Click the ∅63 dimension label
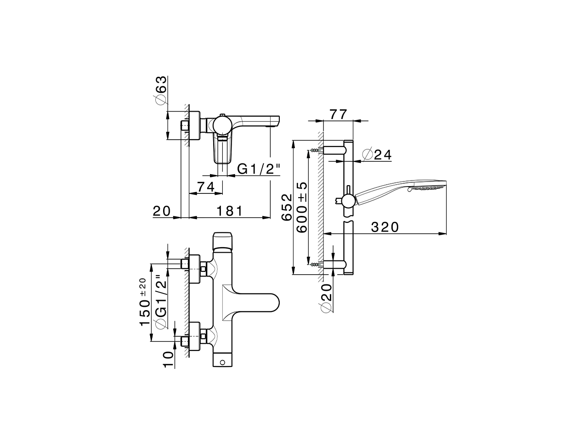click(160, 90)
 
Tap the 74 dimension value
click(207, 187)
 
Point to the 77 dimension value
click(338, 114)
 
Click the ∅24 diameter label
click(377, 155)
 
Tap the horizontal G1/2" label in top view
click(258, 169)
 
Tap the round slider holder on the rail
click(348, 200)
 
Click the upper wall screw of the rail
click(315, 150)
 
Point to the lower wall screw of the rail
click(315, 264)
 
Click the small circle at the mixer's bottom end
click(224, 362)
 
